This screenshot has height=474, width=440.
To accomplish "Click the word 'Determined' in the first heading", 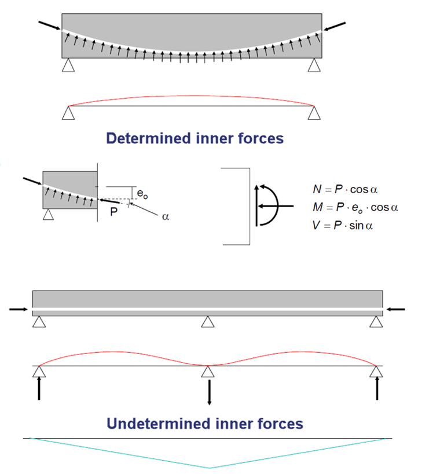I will click(142, 139).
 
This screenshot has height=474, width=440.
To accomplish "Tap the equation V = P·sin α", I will click(342, 224).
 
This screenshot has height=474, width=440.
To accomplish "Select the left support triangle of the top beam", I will click(68, 65).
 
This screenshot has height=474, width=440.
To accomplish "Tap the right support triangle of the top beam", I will click(314, 65).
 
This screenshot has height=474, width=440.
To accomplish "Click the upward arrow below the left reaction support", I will click(39, 388).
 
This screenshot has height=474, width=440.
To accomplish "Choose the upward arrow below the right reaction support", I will click(377, 388).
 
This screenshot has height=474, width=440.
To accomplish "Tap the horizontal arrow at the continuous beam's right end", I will click(397, 309).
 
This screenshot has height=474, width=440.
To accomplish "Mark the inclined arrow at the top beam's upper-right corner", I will click(336, 26).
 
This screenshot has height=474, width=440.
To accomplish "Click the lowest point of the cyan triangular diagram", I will click(209, 467).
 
